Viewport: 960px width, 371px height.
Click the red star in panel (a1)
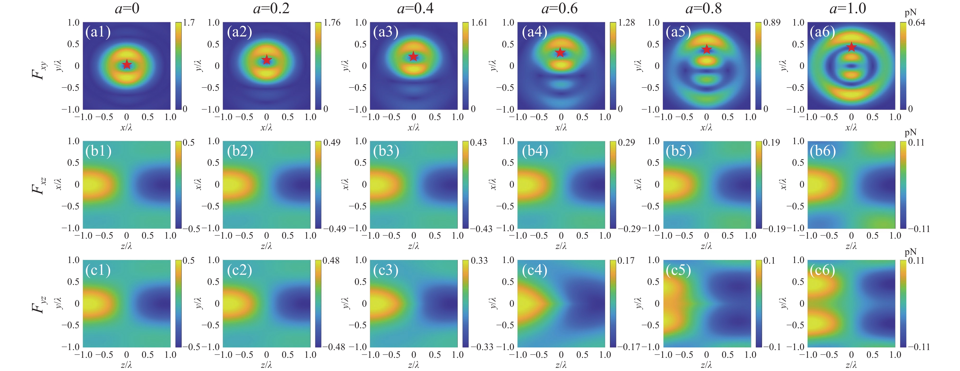[127, 65]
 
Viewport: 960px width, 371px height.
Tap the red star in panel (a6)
[851, 47]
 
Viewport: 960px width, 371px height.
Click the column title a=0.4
[415, 8]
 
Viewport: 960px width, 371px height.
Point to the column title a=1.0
[848, 8]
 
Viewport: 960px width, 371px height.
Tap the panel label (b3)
[386, 151]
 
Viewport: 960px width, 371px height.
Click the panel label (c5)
[678, 270]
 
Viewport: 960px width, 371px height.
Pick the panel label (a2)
[240, 32]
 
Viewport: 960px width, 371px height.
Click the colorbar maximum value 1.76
[332, 23]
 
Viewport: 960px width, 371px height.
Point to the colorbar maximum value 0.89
[772, 23]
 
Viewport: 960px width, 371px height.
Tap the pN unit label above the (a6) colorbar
[911, 13]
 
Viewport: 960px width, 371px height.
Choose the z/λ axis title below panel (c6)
[851, 365]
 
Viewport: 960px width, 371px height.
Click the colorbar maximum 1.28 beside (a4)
[626, 23]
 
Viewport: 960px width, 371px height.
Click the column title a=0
[127, 8]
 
